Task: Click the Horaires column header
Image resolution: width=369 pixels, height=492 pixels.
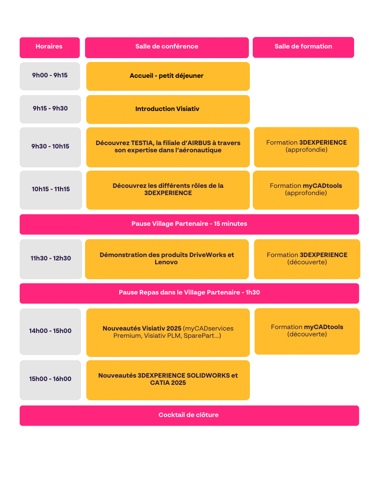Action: pos(49,48)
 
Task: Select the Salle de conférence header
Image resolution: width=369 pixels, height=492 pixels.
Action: pos(167,48)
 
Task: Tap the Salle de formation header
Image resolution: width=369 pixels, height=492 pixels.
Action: pos(304,48)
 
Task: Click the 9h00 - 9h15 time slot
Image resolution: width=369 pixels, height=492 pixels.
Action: pos(50,76)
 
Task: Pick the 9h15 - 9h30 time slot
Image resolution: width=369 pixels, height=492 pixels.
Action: pos(50,109)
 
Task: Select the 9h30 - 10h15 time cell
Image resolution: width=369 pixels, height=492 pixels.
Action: pos(50,147)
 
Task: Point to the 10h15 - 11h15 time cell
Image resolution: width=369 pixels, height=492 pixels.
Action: pos(51,190)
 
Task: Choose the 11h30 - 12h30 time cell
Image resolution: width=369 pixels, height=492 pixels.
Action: pos(51,259)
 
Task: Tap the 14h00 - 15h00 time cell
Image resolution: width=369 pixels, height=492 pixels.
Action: pos(50,332)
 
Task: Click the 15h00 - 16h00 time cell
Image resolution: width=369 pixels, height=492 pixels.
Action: pos(50,380)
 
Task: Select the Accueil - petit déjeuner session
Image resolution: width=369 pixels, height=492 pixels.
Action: pos(168,76)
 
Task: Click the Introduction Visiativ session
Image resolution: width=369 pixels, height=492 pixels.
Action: pos(168,110)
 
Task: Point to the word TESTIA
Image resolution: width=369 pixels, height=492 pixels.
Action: pos(142,143)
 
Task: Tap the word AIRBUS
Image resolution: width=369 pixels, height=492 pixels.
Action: pos(199,143)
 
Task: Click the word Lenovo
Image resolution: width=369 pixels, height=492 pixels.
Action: pos(166,262)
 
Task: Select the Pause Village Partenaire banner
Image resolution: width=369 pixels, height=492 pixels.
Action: pos(189,224)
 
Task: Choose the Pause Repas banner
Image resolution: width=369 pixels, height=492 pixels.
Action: pos(189,294)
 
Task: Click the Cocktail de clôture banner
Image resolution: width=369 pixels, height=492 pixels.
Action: pos(189,416)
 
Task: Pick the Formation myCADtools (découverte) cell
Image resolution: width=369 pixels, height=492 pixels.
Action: pos(307,332)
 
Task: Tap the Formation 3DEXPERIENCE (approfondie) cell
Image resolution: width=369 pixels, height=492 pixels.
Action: pos(307,147)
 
